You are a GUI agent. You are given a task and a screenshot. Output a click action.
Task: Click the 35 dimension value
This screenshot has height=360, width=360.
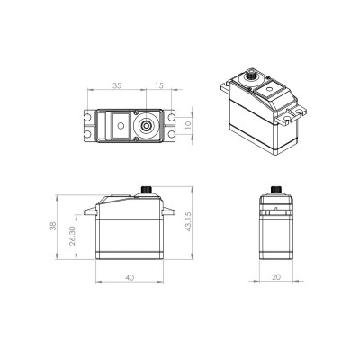[117, 85]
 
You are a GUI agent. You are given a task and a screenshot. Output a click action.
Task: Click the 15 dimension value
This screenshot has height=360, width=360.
[159, 85]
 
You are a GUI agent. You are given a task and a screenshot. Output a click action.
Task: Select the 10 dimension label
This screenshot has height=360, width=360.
[188, 125]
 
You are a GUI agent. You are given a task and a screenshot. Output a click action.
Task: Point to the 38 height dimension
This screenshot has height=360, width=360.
[53, 226]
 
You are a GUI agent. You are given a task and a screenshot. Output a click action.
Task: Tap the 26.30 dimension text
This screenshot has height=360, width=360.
[72, 236]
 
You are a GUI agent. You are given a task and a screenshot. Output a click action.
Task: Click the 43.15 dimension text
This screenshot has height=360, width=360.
[188, 221]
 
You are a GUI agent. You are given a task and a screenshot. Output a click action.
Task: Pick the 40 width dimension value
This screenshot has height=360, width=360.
[130, 278]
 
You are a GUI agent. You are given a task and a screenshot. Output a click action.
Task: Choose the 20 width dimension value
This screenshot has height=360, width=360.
[276, 277]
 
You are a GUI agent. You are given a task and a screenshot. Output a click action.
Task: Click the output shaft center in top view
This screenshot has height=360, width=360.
[146, 126]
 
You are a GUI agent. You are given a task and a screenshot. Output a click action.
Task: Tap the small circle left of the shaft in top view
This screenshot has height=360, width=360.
[121, 126]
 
